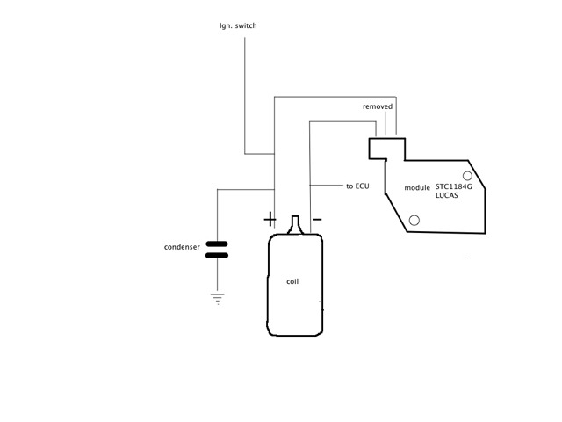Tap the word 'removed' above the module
[378, 106]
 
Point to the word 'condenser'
[183, 247]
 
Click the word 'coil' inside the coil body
[293, 282]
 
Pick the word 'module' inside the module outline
[417, 188]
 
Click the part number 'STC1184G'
[454, 187]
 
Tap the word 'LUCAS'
[447, 195]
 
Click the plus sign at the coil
[269, 218]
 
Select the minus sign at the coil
[317, 218]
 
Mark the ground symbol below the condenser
[216, 299]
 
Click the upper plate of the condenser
[216, 244]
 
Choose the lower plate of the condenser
[216, 256]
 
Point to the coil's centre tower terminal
[296, 225]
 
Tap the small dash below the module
[465, 258]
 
